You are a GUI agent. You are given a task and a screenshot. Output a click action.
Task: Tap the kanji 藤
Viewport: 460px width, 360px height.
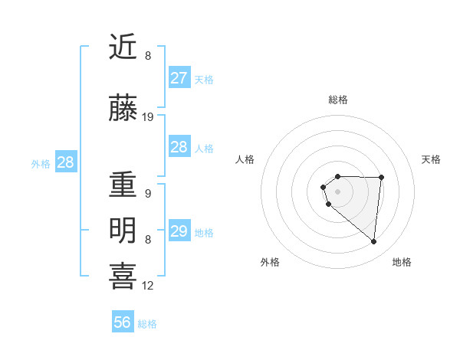123,110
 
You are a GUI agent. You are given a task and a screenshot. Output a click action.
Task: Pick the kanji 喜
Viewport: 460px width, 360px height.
123,277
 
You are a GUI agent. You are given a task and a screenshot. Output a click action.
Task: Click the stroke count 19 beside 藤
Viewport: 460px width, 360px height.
148,117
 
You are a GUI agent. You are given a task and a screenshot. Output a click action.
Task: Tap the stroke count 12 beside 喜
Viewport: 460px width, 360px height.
148,286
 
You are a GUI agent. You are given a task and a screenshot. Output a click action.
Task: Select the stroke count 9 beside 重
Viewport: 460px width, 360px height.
148,194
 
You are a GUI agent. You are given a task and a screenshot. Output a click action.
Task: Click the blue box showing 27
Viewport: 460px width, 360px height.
179,78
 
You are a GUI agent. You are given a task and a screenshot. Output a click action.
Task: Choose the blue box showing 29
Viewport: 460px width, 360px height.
179,231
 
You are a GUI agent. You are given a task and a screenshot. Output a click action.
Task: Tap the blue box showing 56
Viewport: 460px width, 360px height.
123,322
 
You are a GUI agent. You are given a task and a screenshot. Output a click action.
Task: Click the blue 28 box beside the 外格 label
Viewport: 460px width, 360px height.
65,162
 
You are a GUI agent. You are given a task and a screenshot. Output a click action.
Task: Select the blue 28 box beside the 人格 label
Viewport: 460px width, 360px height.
179,147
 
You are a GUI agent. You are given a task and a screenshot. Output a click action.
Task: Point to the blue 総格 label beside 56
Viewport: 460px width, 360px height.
147,324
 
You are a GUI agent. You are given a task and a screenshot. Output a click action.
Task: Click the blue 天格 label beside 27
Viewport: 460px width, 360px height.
204,80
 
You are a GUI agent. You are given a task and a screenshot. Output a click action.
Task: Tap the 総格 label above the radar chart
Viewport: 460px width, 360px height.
337,100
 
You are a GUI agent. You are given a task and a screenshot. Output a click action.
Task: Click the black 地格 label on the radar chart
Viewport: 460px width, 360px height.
402,262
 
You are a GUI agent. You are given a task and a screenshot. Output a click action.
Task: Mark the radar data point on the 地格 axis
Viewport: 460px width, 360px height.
374,242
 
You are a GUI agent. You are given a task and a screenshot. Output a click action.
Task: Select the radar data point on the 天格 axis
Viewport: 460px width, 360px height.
381,177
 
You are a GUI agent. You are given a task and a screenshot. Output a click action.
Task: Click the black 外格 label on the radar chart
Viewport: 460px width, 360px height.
270,262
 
